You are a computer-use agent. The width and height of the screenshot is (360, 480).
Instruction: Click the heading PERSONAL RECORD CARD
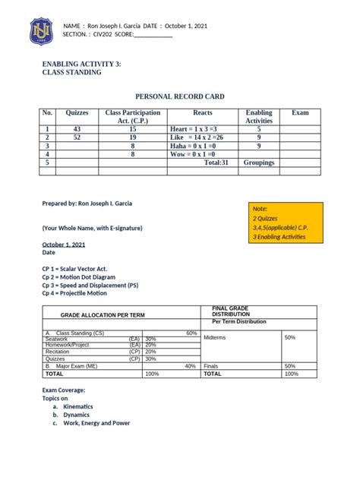point(179,96)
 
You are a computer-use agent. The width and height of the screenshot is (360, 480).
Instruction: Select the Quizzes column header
point(77,112)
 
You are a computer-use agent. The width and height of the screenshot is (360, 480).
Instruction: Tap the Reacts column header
point(203,112)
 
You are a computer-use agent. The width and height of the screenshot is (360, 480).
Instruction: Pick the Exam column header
point(300,112)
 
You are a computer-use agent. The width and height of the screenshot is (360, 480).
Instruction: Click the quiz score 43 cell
point(77,129)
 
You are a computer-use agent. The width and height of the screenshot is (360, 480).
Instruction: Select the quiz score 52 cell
point(77,137)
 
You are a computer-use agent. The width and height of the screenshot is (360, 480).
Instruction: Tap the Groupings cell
point(259,163)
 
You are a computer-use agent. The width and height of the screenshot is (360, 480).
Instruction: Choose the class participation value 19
point(132,137)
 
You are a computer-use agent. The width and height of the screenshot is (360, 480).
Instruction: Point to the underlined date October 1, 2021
point(64,245)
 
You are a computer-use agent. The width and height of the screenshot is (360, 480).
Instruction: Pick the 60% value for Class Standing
point(191,333)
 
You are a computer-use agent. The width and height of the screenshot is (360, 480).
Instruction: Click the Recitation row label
point(58,352)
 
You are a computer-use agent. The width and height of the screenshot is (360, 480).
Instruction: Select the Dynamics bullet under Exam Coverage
point(76,415)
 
